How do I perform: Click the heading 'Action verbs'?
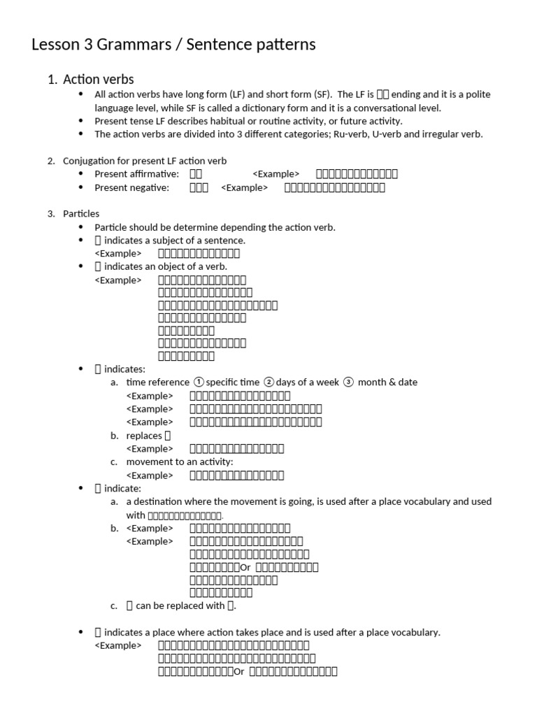coord(98,80)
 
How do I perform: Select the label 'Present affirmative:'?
coord(137,174)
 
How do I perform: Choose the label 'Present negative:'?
coord(132,187)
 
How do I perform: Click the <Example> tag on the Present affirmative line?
coord(275,174)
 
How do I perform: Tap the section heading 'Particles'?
coord(81,213)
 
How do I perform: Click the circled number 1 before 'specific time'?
coord(199,382)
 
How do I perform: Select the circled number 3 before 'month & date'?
coord(349,382)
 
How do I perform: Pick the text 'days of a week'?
coord(308,382)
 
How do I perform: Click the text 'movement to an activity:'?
coord(180,462)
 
